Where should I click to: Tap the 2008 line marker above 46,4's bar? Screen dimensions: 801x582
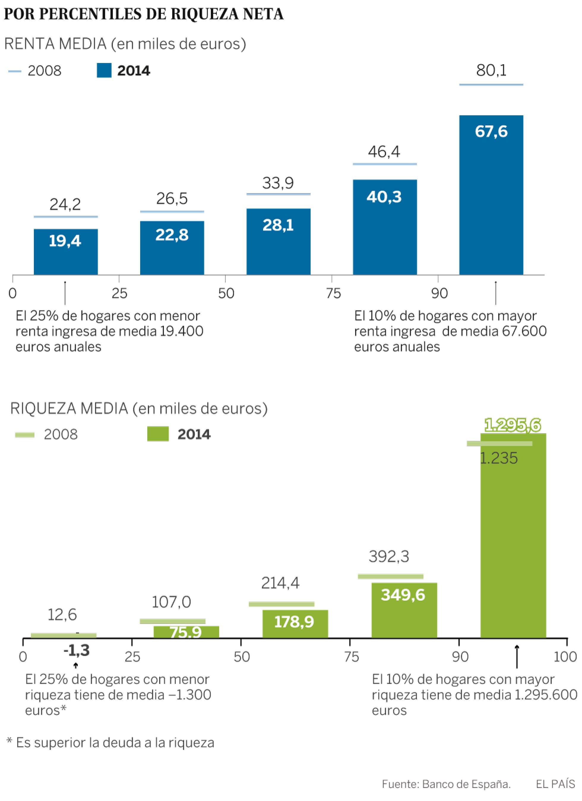coord(385,164)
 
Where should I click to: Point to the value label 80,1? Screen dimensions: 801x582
coord(491,71)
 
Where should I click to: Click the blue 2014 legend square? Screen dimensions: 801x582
coord(104,71)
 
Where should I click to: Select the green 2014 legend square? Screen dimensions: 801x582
coord(157,434)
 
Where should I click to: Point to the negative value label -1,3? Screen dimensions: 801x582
coord(76,650)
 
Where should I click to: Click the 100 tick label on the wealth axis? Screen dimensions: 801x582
coord(565,657)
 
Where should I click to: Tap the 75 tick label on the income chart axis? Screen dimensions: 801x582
coord(333,294)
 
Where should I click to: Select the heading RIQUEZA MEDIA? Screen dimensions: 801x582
coord(69,409)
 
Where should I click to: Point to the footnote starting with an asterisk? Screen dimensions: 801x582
coord(110,743)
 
